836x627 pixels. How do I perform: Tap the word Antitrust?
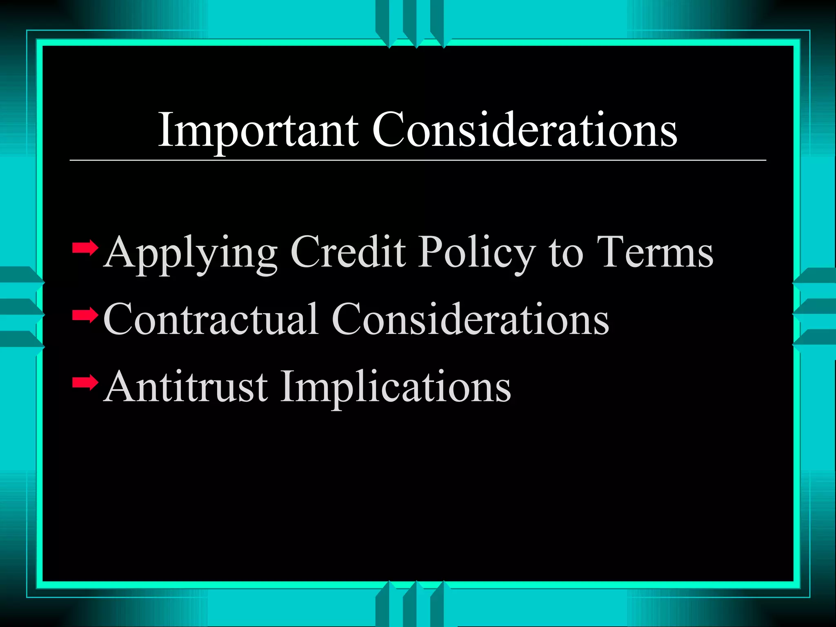coord(186,386)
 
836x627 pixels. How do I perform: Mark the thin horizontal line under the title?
coord(418,160)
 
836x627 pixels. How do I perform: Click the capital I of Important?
coord(165,130)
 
